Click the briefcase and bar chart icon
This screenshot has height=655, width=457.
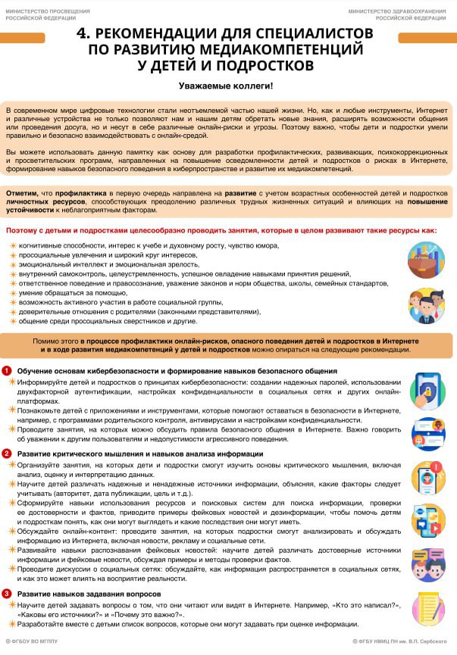tap(426, 259)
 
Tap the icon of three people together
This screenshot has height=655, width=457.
tap(426, 307)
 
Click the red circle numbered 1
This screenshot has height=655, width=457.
tap(7, 371)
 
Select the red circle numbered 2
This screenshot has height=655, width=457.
tap(7, 454)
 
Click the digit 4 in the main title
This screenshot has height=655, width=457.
tap(83, 35)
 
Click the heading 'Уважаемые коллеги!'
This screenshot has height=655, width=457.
tap(226, 87)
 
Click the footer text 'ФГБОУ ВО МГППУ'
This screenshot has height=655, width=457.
tap(30, 641)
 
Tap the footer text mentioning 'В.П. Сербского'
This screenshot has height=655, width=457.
tap(405, 641)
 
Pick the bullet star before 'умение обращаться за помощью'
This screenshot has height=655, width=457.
tap(12, 292)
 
